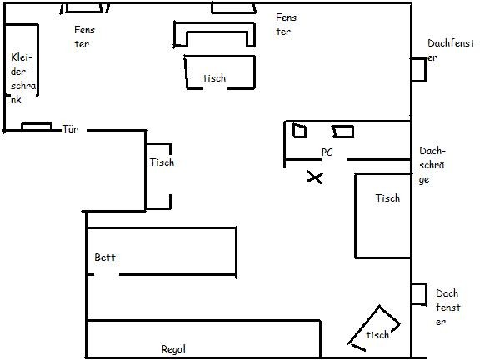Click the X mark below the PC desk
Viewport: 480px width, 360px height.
point(315,177)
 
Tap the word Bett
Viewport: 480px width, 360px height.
point(105,257)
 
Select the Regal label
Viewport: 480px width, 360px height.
point(173,349)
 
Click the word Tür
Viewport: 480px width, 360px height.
point(70,129)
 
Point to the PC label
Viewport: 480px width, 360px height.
point(327,152)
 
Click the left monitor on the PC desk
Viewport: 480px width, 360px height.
point(299,131)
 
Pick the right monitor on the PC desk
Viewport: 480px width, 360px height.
point(343,132)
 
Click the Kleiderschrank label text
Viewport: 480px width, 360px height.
point(23,78)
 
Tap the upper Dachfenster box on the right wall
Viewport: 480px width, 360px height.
point(418,70)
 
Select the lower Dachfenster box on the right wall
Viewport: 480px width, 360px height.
point(419,294)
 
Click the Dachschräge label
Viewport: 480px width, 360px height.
point(432,165)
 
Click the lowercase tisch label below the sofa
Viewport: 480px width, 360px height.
point(214,78)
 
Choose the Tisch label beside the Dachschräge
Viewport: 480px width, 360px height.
point(387,198)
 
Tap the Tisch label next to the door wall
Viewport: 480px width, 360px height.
point(162,162)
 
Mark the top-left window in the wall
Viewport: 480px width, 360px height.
point(84,8)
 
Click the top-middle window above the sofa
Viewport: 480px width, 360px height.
point(233,8)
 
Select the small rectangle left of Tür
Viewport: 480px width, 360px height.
point(37,127)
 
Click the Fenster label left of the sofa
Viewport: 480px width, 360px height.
point(84,37)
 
